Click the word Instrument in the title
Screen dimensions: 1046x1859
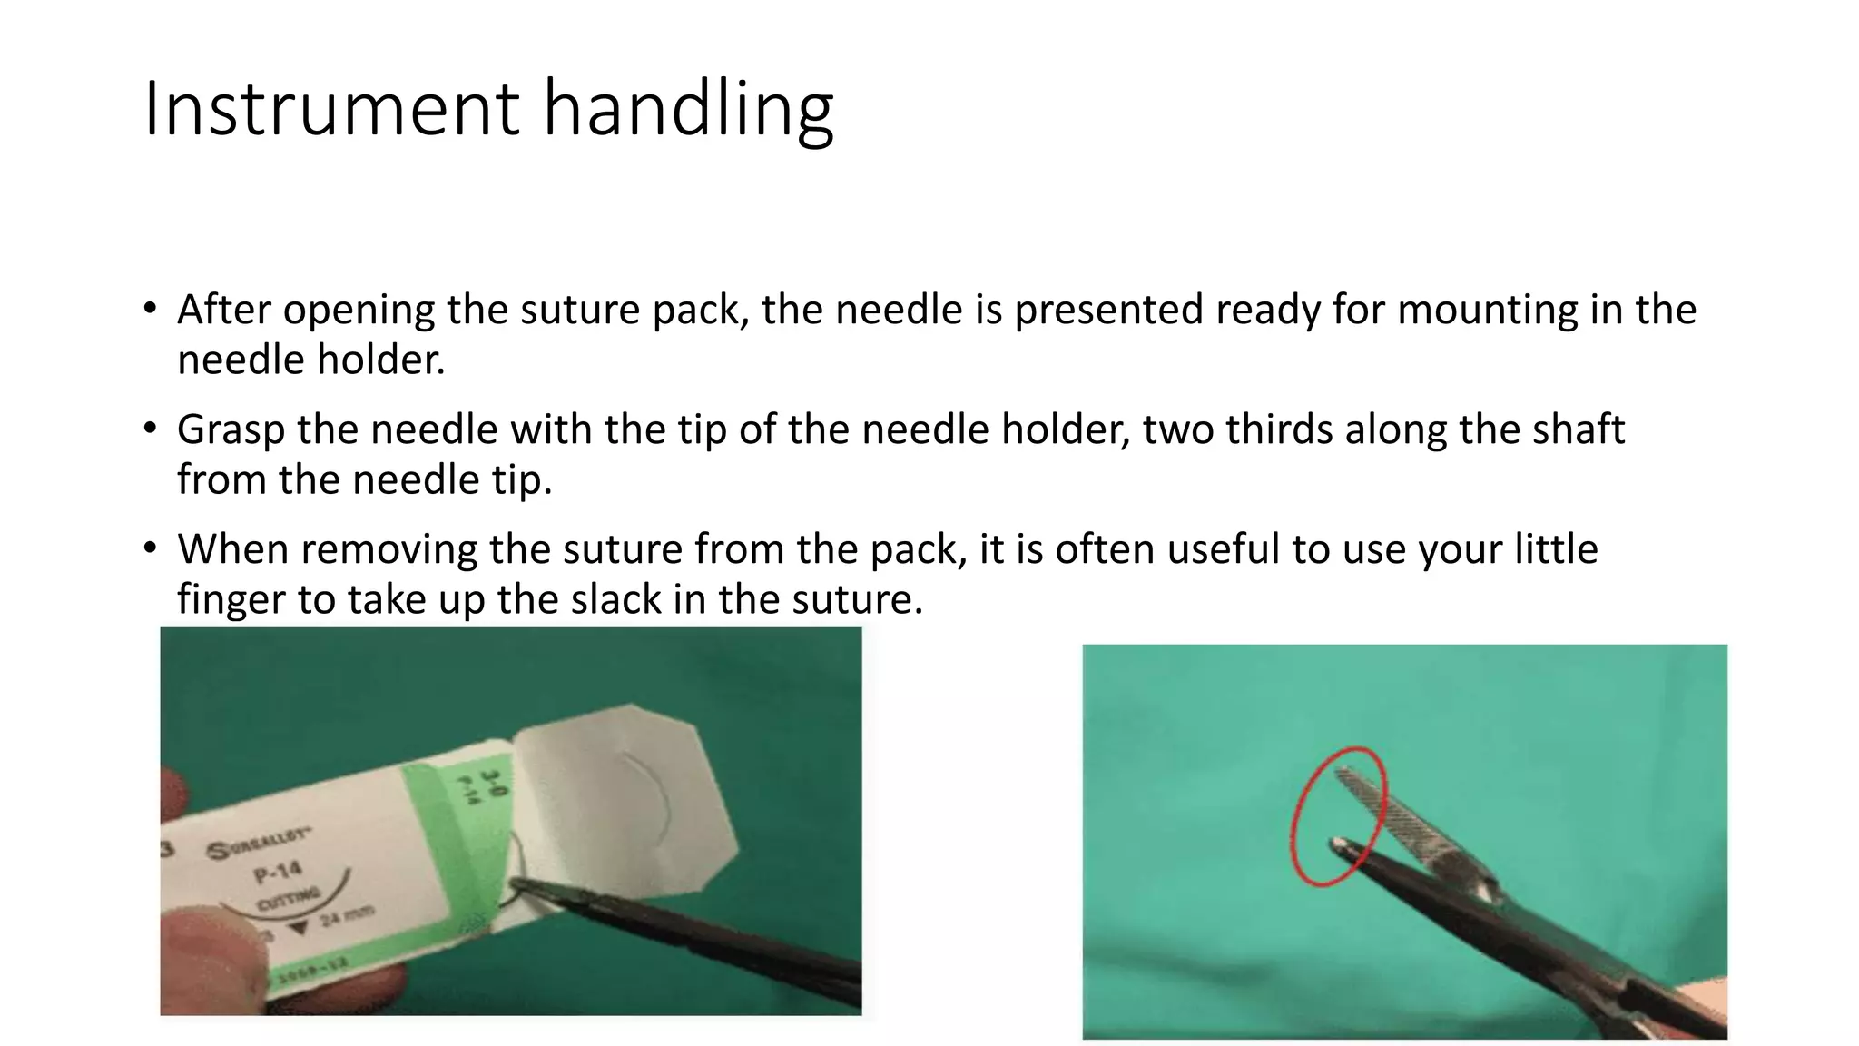pos(330,109)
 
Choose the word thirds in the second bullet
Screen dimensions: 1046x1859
pos(1278,429)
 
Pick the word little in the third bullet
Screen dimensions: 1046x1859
pos(1556,549)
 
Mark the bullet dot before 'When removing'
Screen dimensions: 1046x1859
pos(150,547)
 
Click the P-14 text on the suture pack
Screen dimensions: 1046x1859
pos(278,873)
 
